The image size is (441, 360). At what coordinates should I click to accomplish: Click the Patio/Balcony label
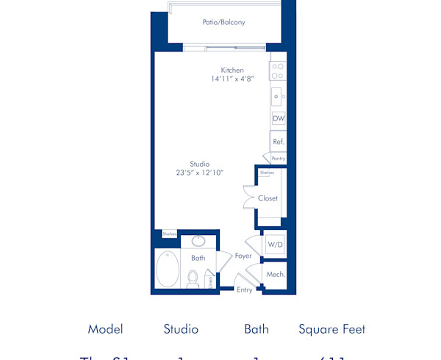pyautogui.click(x=223, y=23)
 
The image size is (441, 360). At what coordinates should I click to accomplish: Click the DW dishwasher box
pyautogui.click(x=279, y=118)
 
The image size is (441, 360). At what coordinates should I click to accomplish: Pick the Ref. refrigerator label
pyautogui.click(x=279, y=142)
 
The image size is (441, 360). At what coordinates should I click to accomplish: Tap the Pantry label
pyautogui.click(x=278, y=158)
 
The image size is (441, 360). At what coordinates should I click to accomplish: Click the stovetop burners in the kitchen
pyautogui.click(x=278, y=71)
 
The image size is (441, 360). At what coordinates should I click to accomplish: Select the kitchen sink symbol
pyautogui.click(x=278, y=95)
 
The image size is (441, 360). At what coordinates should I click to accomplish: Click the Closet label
pyautogui.click(x=268, y=198)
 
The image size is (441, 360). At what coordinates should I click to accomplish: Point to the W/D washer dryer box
pyautogui.click(x=275, y=244)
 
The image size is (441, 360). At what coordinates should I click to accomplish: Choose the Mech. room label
pyautogui.click(x=276, y=274)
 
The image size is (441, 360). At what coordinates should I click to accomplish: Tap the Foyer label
pyautogui.click(x=243, y=256)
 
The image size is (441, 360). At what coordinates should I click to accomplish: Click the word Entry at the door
pyautogui.click(x=245, y=290)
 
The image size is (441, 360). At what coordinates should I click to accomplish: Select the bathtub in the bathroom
pyautogui.click(x=168, y=269)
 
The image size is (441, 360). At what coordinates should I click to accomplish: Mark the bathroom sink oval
pyautogui.click(x=198, y=241)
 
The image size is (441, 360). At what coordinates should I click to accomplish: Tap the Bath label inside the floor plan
pyautogui.click(x=198, y=258)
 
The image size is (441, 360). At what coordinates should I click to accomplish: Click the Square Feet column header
pyautogui.click(x=331, y=329)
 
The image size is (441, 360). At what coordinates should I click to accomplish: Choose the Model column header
pyautogui.click(x=105, y=329)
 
